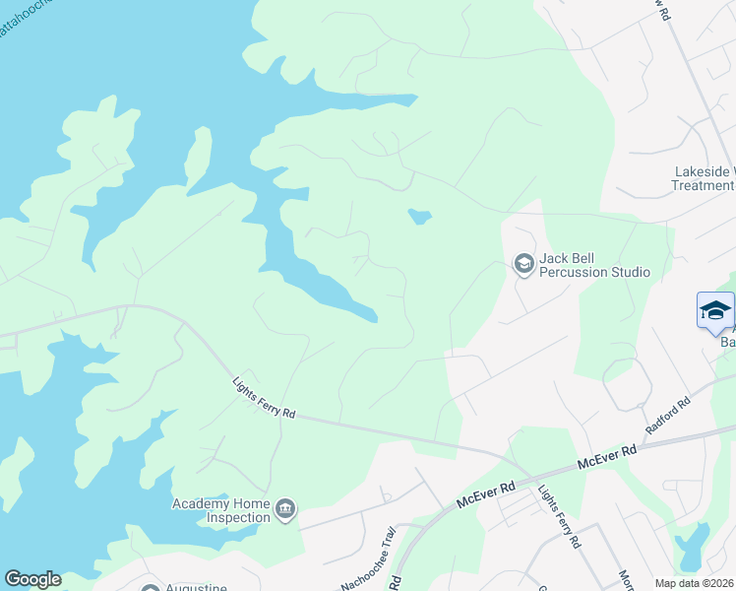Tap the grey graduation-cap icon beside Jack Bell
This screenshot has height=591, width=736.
[523, 263]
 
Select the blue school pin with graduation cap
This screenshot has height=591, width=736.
[715, 311]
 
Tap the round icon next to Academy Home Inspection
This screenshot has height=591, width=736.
[286, 509]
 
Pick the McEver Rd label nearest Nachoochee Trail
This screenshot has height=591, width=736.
[485, 494]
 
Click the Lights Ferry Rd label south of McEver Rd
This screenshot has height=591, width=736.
[557, 515]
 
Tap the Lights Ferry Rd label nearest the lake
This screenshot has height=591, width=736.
[264, 399]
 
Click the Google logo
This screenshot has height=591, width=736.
[32, 579]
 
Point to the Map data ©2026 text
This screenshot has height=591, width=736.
[695, 583]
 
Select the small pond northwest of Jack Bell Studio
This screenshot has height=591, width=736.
[419, 216]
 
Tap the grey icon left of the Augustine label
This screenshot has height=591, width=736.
[151, 588]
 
